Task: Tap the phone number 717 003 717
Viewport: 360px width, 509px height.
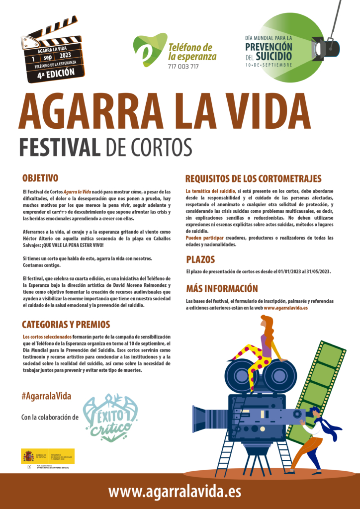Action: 183,67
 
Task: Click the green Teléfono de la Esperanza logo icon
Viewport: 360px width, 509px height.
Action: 149,49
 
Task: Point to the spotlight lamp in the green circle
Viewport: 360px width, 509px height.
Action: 326,48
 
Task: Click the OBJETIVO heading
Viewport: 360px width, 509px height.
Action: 40,177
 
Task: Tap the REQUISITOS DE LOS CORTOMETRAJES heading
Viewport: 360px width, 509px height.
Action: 253,178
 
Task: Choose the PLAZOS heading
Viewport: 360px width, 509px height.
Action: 200,259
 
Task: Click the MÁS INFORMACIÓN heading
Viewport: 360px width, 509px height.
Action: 222,288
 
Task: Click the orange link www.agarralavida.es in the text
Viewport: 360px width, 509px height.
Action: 285,308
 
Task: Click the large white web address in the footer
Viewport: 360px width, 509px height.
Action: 175,492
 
